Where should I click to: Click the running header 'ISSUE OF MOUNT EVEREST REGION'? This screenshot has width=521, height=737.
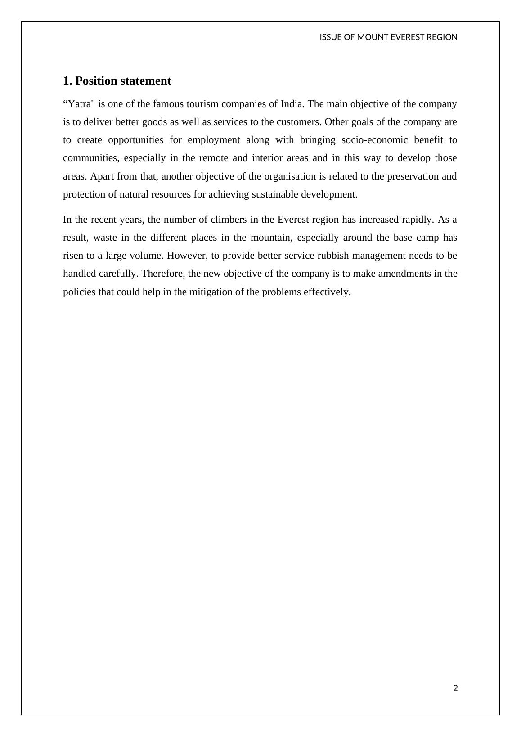click(x=388, y=37)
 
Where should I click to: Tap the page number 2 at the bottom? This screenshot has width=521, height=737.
click(x=455, y=688)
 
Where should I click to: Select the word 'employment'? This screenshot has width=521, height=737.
click(x=214, y=140)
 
